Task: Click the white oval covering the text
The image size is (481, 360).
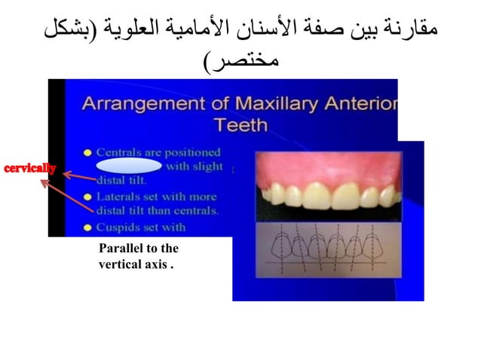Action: click(x=129, y=166)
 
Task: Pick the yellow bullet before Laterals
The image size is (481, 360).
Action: click(x=87, y=198)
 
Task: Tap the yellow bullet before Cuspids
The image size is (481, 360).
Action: click(x=87, y=227)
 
